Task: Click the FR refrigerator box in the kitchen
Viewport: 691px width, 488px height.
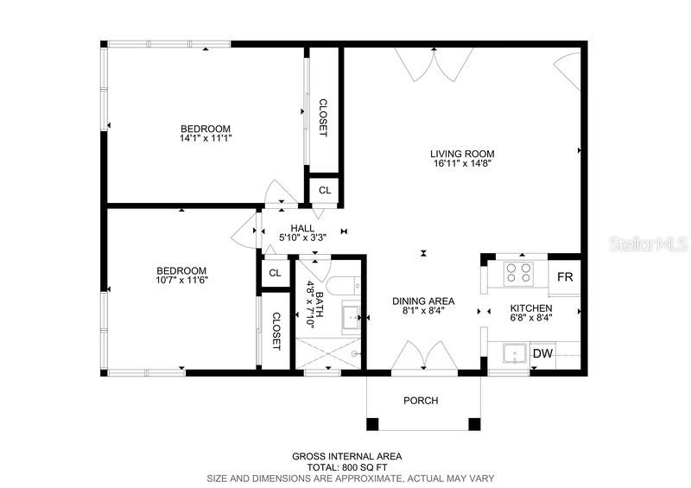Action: (565, 277)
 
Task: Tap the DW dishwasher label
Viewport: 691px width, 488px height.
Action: (542, 353)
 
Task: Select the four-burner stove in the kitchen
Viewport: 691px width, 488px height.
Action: (517, 273)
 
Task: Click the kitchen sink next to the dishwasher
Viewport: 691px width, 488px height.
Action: (513, 354)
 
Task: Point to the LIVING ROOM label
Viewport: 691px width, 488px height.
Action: (462, 155)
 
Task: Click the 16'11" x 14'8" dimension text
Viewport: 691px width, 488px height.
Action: (462, 164)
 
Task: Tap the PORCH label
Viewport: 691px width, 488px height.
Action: (421, 401)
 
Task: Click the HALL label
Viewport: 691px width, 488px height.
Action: (301, 228)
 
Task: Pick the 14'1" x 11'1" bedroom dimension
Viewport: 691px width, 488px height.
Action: (206, 137)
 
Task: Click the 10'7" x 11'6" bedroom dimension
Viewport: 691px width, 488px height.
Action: (181, 280)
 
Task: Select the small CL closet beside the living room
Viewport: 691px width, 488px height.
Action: (325, 190)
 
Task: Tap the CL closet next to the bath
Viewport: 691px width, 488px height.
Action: (275, 273)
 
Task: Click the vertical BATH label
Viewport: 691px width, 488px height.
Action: (317, 305)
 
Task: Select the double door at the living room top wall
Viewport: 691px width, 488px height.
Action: (434, 62)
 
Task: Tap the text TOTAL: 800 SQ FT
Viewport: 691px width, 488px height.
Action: (345, 466)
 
